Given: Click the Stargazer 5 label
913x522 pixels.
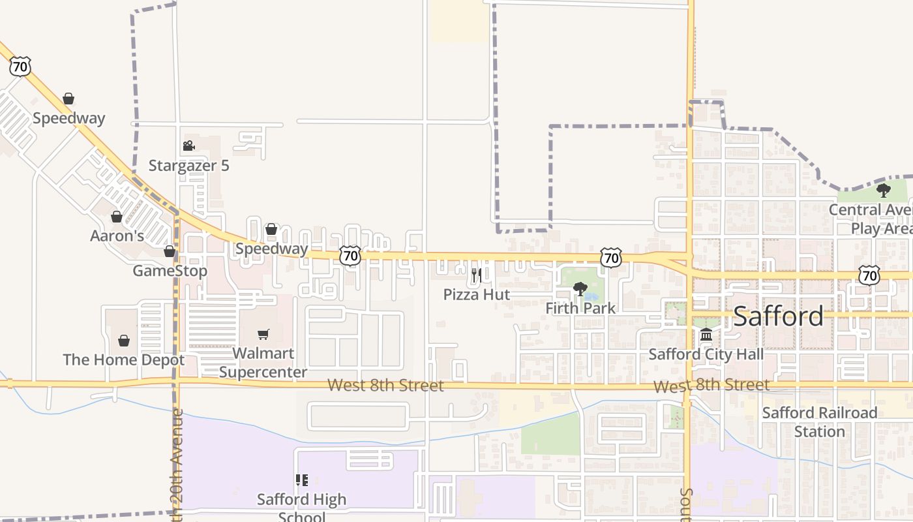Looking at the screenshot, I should tap(188, 166).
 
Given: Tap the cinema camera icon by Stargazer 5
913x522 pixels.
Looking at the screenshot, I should tap(188, 146).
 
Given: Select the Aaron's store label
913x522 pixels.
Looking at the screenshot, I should tap(117, 236).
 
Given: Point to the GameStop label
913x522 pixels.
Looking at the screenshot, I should tap(170, 270).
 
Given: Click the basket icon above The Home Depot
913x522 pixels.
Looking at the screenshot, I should tap(124, 341).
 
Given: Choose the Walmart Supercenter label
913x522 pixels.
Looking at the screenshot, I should tap(263, 363).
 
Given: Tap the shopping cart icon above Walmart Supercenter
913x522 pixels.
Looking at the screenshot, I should tap(263, 334).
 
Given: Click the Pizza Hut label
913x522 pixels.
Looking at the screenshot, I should tap(477, 294).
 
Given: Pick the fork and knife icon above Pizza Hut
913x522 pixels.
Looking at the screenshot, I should tap(476, 275).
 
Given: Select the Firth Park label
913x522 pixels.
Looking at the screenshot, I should tap(580, 308).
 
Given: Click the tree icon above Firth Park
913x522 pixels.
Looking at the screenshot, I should tap(580, 288).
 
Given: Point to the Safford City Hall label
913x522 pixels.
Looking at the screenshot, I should tap(706, 355).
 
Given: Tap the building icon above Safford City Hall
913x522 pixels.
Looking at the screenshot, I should tap(706, 335).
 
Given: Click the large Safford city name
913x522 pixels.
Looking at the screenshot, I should tap(779, 316).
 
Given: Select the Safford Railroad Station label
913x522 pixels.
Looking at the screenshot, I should tap(820, 422).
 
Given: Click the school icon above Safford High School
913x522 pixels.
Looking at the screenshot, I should tap(301, 480).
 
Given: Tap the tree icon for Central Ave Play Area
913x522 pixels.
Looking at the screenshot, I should tap(884, 191).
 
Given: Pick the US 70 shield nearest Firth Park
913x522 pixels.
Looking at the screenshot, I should tap(611, 258).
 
